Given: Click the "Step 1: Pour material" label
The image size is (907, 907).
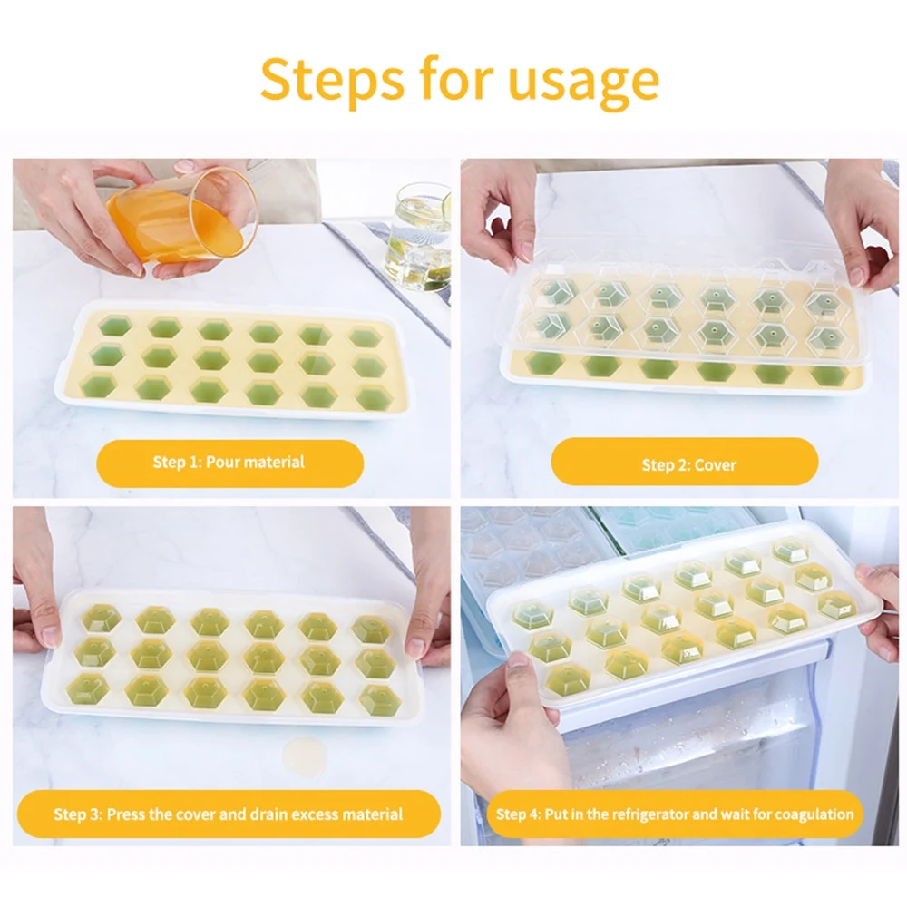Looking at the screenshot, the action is pos(229,463).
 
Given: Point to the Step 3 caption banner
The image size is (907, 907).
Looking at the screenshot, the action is pos(229,814).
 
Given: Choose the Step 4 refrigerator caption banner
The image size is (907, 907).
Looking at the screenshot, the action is pos(675,814).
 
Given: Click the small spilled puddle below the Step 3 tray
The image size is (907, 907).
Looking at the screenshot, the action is pos(304,756).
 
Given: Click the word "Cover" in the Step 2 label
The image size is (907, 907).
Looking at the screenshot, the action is pos(716,465).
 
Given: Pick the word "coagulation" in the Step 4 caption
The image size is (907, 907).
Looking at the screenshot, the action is pos(814,815).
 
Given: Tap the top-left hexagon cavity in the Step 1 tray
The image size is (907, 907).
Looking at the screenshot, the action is pos(115,326).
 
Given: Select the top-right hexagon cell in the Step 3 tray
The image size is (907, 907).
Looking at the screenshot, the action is pos(371,629).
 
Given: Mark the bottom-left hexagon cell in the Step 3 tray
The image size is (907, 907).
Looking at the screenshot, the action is pos(88,688).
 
